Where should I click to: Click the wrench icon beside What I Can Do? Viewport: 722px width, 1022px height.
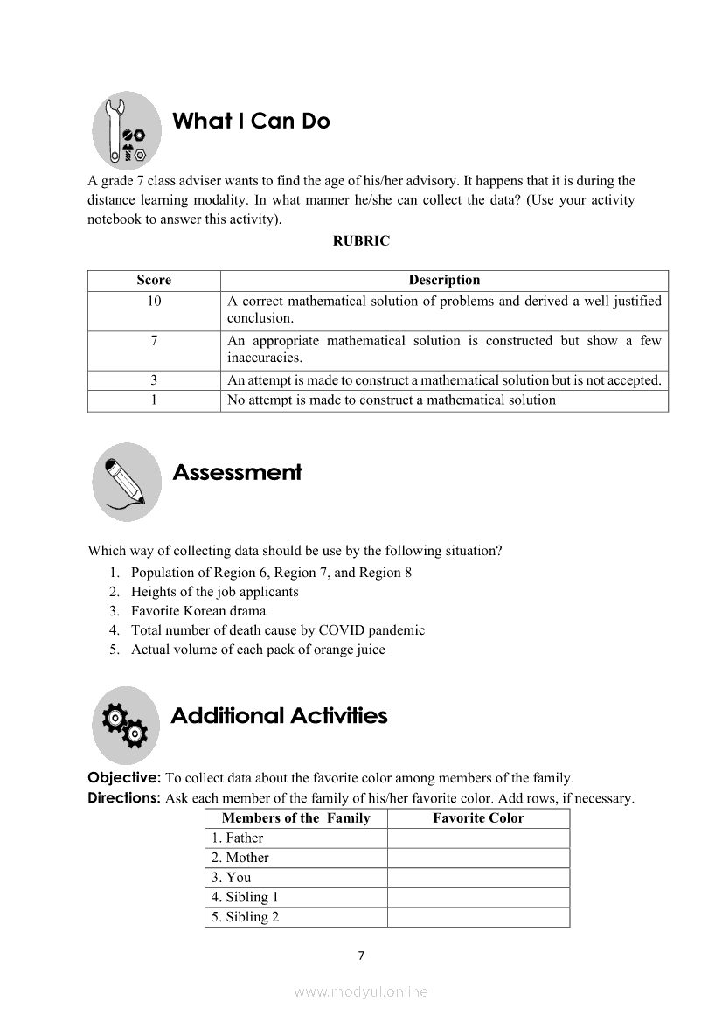click(127, 131)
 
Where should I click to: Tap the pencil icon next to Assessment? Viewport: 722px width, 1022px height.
click(127, 482)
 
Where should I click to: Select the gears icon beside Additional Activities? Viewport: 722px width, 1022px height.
click(127, 726)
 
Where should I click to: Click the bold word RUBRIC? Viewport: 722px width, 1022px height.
click(361, 241)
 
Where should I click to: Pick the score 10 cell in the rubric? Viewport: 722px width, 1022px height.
click(154, 301)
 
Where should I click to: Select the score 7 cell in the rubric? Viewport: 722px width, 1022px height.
click(154, 341)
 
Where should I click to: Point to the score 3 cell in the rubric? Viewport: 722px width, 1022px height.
click(154, 380)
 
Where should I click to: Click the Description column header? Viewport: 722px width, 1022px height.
click(444, 281)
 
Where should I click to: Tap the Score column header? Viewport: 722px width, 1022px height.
click(154, 281)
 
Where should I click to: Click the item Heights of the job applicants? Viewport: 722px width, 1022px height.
click(214, 592)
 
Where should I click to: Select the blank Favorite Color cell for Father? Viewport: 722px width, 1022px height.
click(478, 838)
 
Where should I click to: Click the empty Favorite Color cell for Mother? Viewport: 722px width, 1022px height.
click(478, 858)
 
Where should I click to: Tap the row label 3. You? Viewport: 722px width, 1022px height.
click(232, 878)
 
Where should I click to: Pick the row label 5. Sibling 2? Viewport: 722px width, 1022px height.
click(245, 917)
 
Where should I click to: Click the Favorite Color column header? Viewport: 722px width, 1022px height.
click(478, 818)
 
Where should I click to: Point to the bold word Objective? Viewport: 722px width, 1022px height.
click(124, 778)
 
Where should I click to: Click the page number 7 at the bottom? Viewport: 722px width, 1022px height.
click(361, 956)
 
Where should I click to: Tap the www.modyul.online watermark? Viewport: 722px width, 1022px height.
click(361, 992)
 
